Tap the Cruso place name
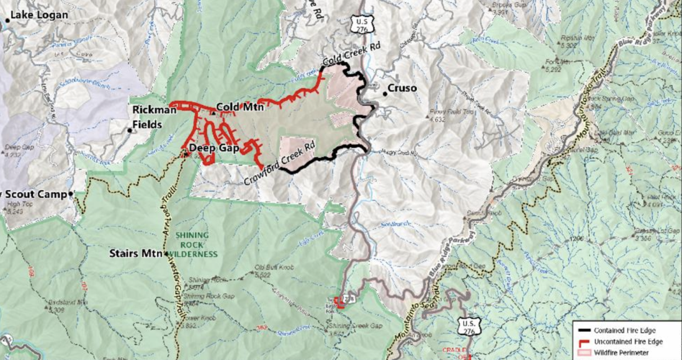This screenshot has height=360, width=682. click(x=403, y=89)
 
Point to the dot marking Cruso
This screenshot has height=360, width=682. click(x=385, y=92)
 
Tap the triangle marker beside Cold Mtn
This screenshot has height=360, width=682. click(x=213, y=112)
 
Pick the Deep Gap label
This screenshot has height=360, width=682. click(x=214, y=148)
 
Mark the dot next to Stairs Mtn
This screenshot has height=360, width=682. click(x=166, y=254)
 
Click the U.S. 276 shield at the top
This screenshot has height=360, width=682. click(x=362, y=24)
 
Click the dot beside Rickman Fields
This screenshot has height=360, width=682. click(x=130, y=130)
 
